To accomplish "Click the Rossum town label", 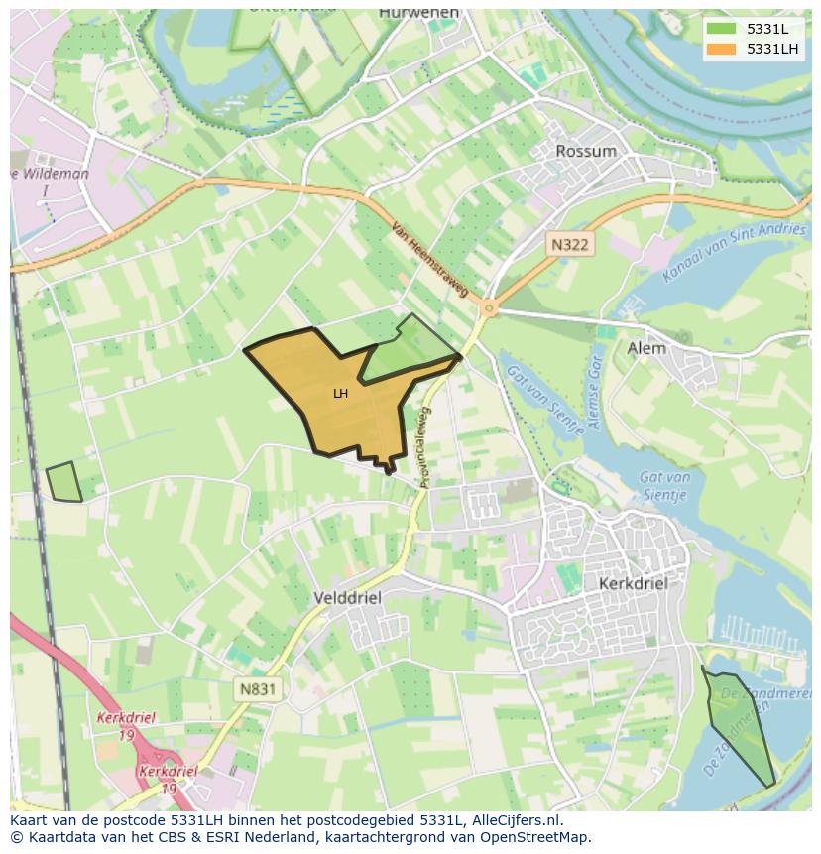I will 586,151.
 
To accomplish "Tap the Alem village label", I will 646,348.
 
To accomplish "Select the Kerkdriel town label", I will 633,584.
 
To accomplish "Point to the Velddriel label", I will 346,598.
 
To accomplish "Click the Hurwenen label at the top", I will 419,13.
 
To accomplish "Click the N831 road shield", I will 258,688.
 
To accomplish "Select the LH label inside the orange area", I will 340,394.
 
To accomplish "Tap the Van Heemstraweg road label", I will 429,259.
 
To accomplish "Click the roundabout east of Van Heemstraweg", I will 488,308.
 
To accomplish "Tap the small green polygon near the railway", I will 64,483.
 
